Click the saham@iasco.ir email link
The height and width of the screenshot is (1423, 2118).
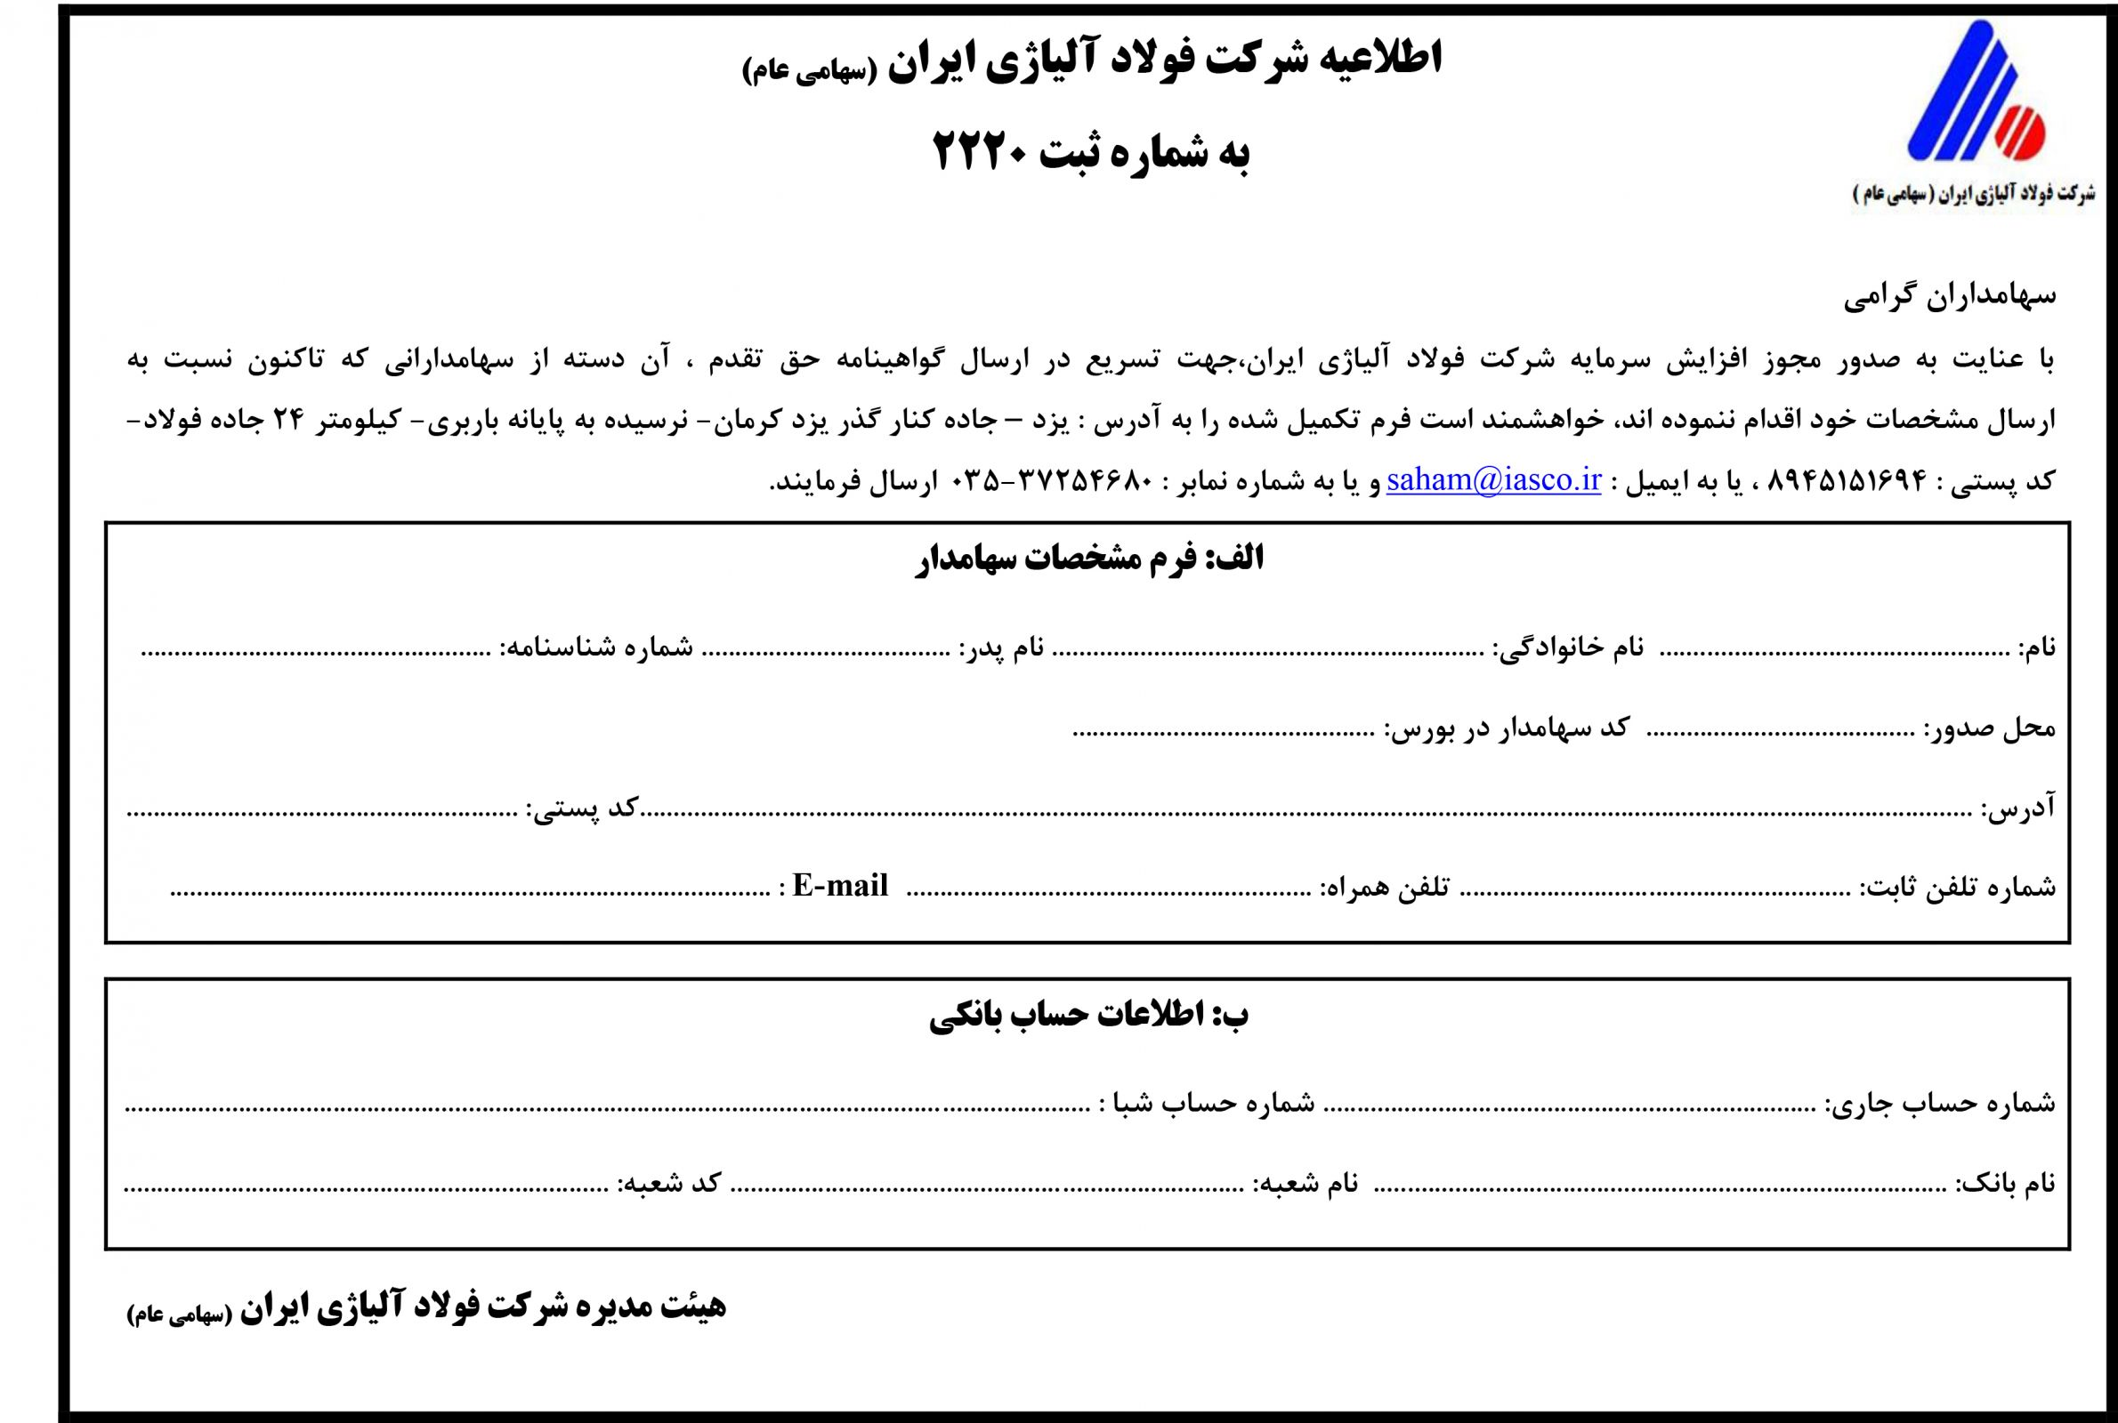tap(1492, 480)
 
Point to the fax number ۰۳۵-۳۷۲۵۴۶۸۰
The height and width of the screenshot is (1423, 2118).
tap(1052, 481)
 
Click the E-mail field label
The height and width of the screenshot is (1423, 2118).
tap(839, 886)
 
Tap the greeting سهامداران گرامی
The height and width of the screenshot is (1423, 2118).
tap(1949, 296)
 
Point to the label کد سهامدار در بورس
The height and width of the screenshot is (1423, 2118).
tap(1506, 727)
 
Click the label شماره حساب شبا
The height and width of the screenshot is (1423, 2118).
tap(1207, 1103)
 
